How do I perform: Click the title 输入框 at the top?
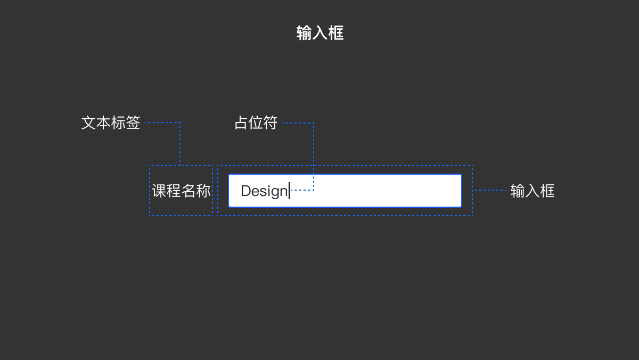tap(319, 33)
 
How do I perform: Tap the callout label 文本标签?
tap(111, 123)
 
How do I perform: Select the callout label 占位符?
tap(256, 123)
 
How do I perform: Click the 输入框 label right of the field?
tap(532, 191)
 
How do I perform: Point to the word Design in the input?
tap(264, 191)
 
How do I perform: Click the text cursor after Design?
tap(289, 191)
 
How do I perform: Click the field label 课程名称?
tap(181, 191)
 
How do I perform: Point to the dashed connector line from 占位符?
tap(313, 154)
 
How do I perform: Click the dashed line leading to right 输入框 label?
tap(490, 190)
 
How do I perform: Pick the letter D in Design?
tap(245, 191)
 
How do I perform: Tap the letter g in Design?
tap(276, 192)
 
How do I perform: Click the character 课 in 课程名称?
tap(159, 191)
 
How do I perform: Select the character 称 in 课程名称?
tap(203, 191)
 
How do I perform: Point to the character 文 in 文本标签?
tap(88, 123)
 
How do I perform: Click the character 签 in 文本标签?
tap(133, 123)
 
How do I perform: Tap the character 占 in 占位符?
tap(242, 123)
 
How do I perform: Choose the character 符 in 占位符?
tap(271, 123)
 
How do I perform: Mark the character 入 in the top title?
tap(319, 33)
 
